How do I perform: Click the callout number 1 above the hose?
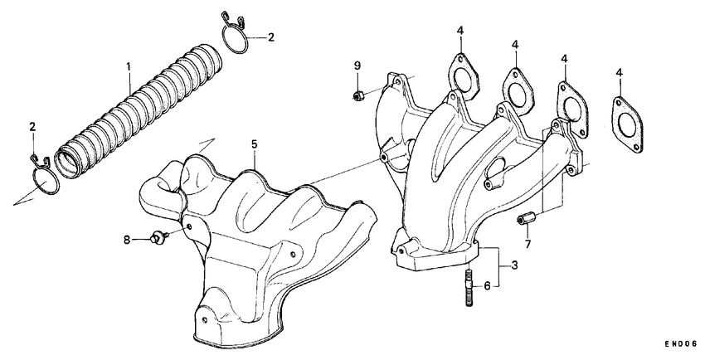click(x=129, y=66)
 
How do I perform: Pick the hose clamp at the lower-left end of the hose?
click(x=43, y=176)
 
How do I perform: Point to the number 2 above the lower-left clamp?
click(x=32, y=127)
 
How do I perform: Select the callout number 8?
click(x=128, y=241)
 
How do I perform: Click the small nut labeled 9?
click(x=357, y=95)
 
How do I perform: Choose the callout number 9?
click(x=357, y=66)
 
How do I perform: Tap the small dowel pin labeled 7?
click(x=524, y=219)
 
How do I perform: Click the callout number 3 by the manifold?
click(x=514, y=265)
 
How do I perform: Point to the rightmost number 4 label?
click(x=620, y=74)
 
